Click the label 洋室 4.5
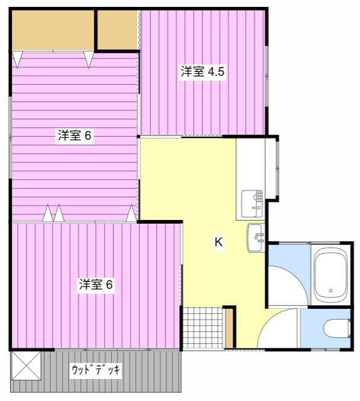point(203,71)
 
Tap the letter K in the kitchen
point(219,242)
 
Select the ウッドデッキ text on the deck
point(96,370)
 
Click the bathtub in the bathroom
point(331,274)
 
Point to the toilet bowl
point(336,328)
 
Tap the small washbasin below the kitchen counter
point(255,237)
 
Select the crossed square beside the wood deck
point(26,366)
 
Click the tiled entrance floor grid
point(202,328)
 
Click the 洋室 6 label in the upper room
point(75,135)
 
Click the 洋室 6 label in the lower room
point(95,284)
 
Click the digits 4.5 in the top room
point(216,71)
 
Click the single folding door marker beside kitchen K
point(131,215)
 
